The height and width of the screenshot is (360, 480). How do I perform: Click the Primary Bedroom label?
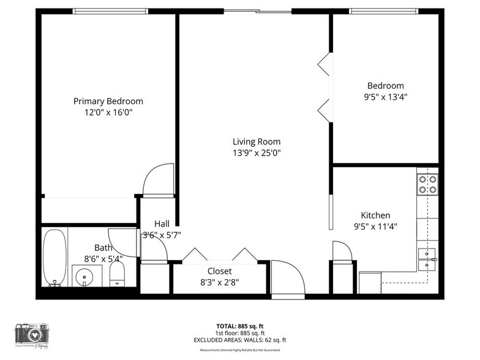click(x=108, y=101)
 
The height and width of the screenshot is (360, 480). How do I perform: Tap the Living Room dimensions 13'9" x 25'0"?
click(x=257, y=153)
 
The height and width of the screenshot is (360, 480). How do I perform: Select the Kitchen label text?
click(x=375, y=216)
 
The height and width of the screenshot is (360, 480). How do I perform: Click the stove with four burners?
click(x=427, y=184)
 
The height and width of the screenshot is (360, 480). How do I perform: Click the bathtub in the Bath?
click(x=55, y=258)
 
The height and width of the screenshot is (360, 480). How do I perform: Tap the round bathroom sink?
click(x=84, y=277)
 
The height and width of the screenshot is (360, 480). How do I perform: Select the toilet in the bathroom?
click(x=117, y=275)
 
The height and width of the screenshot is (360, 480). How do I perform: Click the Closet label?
click(x=220, y=271)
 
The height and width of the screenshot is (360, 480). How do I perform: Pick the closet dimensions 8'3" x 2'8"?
click(x=220, y=282)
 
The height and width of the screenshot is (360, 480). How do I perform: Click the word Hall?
click(x=162, y=223)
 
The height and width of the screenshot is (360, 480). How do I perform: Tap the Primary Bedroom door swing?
click(x=157, y=181)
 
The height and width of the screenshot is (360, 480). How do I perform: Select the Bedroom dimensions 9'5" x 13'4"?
click(x=386, y=97)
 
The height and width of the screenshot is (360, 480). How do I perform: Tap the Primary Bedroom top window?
click(x=110, y=11)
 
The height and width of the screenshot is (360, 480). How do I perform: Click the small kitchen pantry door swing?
click(x=342, y=251)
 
